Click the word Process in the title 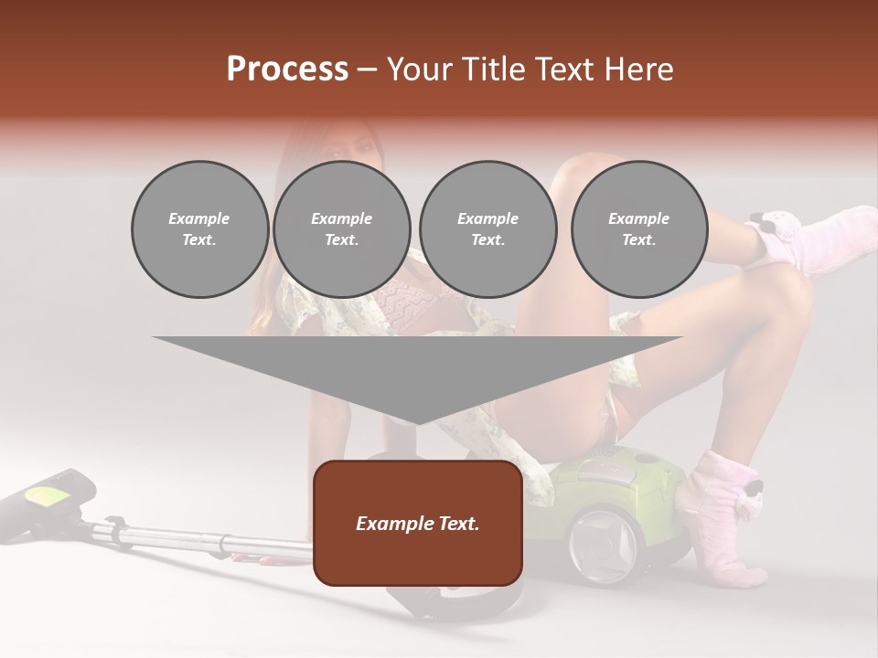point(287,69)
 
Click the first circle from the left point(199,229)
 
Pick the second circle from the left point(341,229)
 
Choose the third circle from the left point(487,229)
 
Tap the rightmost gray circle point(638,229)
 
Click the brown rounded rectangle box point(418,523)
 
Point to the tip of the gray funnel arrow point(418,422)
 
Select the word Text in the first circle point(199,240)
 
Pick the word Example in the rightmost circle point(638,218)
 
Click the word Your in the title point(417,69)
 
